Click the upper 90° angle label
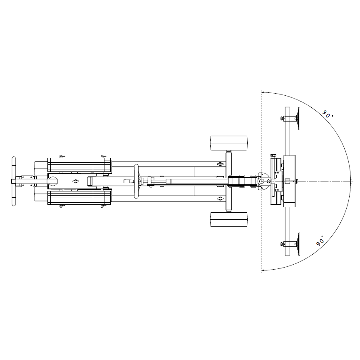[x=328, y=114]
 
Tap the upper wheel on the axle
[x=229, y=143]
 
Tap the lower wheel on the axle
[x=229, y=220]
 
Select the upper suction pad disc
[x=299, y=119]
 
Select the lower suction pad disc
[x=299, y=244]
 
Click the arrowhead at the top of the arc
[x=263, y=92]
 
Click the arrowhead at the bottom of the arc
[x=263, y=270]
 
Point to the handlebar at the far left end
[x=14, y=181]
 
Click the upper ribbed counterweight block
[x=79, y=165]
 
